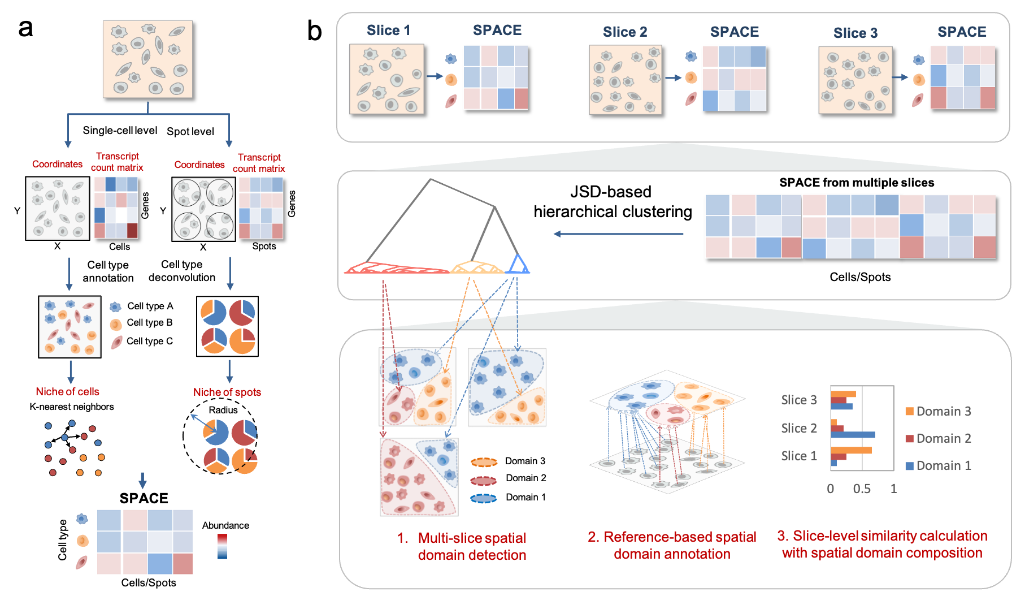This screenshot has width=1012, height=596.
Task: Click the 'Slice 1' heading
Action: [388, 31]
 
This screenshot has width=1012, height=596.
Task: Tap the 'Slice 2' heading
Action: [624, 32]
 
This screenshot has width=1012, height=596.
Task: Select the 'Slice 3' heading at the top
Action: [855, 33]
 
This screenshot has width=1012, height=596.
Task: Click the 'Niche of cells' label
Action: [67, 392]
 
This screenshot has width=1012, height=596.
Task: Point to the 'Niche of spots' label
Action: [227, 392]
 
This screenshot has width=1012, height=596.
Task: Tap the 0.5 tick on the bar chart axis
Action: [862, 489]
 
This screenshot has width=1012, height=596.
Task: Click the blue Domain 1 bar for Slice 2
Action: [853, 435]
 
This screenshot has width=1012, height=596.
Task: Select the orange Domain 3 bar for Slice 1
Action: [851, 451]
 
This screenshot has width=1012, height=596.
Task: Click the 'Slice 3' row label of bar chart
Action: [798, 400]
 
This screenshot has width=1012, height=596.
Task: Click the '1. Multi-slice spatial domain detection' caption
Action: [462, 546]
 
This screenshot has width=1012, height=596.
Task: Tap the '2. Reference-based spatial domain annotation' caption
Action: [671, 545]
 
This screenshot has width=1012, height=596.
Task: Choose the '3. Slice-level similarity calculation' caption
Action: [882, 544]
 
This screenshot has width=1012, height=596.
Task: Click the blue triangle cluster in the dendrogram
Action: [518, 265]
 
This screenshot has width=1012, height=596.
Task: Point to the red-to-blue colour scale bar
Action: [222, 546]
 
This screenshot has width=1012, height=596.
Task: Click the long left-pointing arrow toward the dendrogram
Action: [618, 234]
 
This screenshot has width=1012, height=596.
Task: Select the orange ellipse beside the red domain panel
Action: [484, 463]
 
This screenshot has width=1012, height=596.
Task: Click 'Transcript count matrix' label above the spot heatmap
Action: [259, 163]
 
